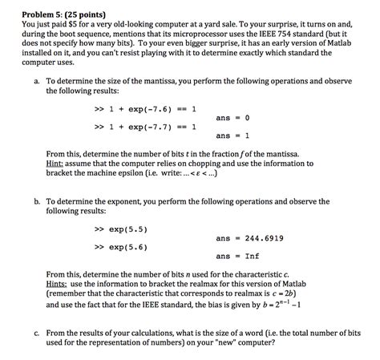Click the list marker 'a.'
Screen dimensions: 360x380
tap(36, 82)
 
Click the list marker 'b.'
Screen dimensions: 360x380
tap(36, 201)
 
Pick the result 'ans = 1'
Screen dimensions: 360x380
tap(233, 136)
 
